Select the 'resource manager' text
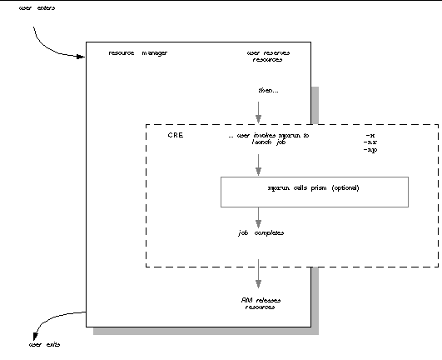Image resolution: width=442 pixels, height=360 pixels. point(138,53)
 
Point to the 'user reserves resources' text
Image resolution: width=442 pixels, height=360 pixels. point(266,57)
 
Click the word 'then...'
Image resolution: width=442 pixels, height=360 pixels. point(266,89)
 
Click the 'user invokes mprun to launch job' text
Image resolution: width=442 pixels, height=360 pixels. point(268,138)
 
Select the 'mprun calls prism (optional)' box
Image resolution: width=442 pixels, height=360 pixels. point(314,191)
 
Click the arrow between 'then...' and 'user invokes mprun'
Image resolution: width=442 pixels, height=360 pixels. point(258,111)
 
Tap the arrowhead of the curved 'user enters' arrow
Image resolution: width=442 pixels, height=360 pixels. point(81,57)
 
